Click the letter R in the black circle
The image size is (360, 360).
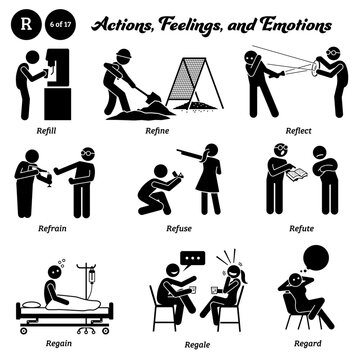point(23,17)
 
